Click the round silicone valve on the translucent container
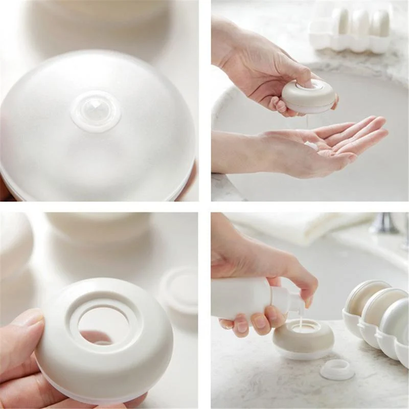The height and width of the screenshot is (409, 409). pos(96,110)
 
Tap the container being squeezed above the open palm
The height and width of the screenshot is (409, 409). pos(308,97)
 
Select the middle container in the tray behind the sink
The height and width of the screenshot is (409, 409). pos(360,23)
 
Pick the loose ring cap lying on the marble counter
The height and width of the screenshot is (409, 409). pos(337,369)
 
